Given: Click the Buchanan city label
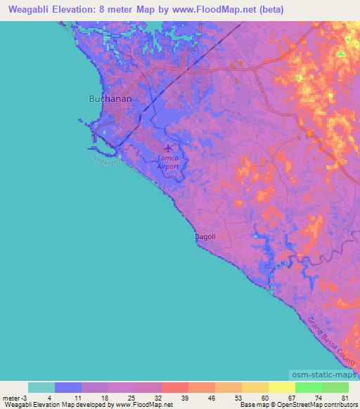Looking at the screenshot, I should (110, 99).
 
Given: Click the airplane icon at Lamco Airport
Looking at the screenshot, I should (168, 148).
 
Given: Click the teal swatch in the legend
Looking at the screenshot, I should (41, 387).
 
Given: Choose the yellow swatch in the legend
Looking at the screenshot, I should (281, 387).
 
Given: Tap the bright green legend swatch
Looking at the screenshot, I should (308, 387).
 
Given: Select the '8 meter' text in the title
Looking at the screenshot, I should (115, 8).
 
